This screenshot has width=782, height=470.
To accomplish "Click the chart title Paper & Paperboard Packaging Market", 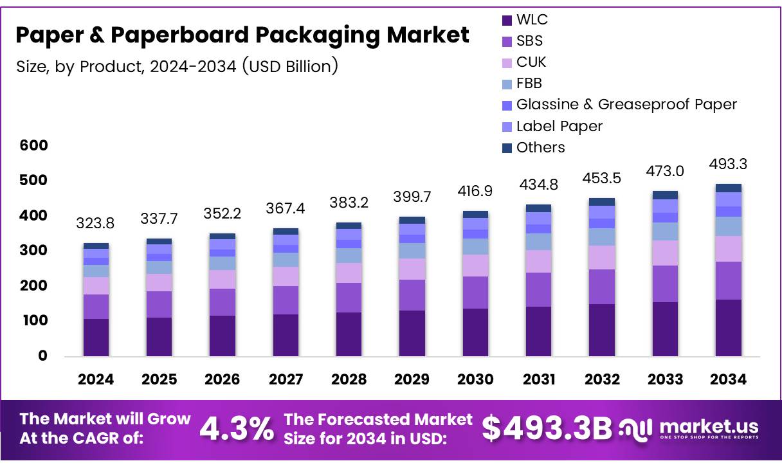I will pyautogui.click(x=242, y=35).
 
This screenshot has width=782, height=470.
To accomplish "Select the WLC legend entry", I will pyautogui.click(x=532, y=19).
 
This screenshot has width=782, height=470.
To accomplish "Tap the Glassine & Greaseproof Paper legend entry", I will pyautogui.click(x=626, y=104).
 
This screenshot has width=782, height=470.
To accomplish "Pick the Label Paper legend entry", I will pyautogui.click(x=559, y=126).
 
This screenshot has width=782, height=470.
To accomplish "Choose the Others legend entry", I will pyautogui.click(x=540, y=147).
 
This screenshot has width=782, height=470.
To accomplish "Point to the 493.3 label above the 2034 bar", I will pyautogui.click(x=729, y=165).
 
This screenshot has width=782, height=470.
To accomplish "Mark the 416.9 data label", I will pyautogui.click(x=475, y=191).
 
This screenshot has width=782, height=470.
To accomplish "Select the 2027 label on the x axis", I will pyautogui.click(x=286, y=379).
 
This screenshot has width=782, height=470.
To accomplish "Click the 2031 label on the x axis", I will pyautogui.click(x=538, y=379).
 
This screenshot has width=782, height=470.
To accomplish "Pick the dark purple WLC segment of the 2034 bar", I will pyautogui.click(x=729, y=328).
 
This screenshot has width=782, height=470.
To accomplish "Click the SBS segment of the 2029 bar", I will pyautogui.click(x=412, y=295).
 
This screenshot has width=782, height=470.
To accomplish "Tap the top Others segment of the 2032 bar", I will pyautogui.click(x=602, y=202).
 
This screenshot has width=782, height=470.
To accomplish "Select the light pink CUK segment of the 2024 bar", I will pyautogui.click(x=96, y=285).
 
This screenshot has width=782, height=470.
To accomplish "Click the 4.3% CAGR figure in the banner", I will pyautogui.click(x=236, y=429).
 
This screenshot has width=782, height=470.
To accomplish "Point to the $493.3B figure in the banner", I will pyautogui.click(x=547, y=429).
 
